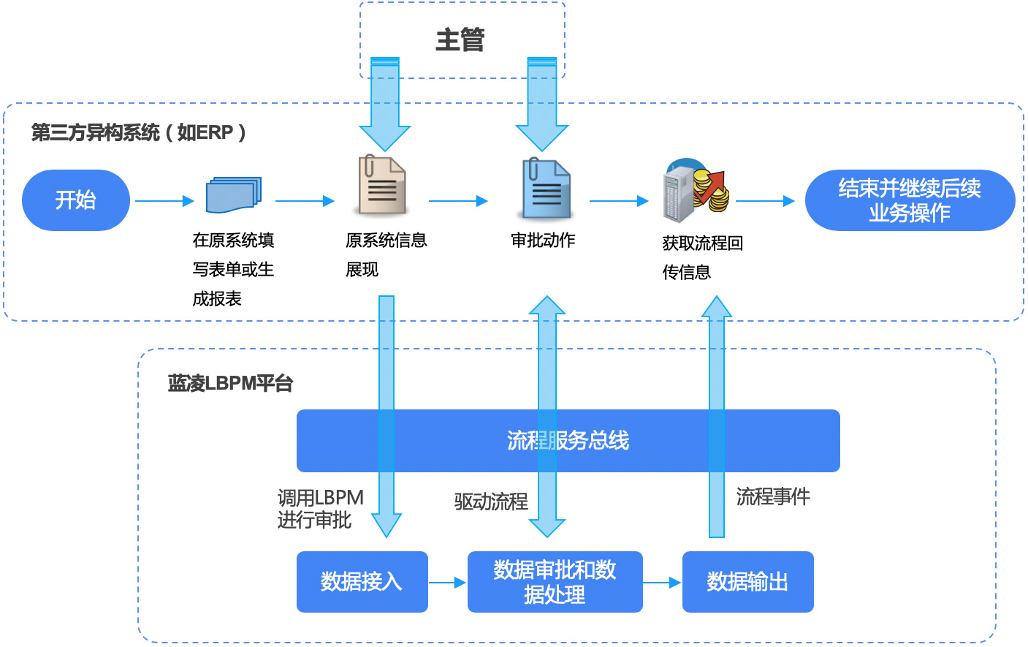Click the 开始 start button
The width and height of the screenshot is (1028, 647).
[76, 200]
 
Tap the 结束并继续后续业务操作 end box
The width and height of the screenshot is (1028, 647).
[910, 200]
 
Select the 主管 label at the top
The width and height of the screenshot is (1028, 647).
[460, 40]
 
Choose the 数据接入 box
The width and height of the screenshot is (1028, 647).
[362, 582]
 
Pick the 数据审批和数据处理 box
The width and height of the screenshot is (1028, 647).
[555, 582]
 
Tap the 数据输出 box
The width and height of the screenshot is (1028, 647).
[747, 582]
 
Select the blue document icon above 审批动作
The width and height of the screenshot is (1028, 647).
[546, 189]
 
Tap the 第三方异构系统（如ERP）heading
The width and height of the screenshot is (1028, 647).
[139, 133]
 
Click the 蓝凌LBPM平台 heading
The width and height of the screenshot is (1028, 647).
[230, 384]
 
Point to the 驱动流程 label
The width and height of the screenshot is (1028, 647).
[491, 502]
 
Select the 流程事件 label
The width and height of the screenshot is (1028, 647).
[773, 497]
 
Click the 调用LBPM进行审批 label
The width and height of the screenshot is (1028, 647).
[320, 509]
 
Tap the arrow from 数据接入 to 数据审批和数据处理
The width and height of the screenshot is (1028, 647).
[447, 583]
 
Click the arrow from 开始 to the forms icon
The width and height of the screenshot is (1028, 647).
[164, 201]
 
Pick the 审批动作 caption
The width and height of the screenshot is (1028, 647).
[543, 241]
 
